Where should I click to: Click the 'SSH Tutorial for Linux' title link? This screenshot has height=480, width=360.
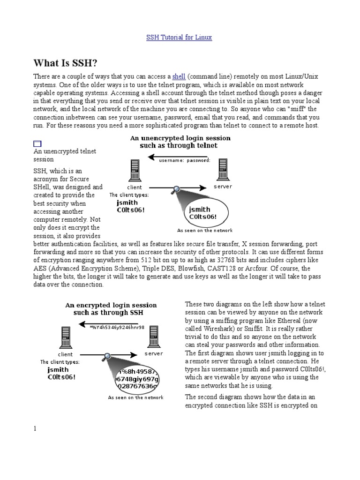pos(180,37)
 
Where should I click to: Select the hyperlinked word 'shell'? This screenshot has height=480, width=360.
pos(179,76)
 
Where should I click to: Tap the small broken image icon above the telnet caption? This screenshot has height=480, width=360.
pos(37,144)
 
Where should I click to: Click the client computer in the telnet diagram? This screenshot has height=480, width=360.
pos(135,171)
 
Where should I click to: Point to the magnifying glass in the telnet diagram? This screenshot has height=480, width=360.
pos(177,189)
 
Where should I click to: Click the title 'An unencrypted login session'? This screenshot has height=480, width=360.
pos(180,138)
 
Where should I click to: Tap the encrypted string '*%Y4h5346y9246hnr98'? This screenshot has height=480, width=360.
pos(117,327)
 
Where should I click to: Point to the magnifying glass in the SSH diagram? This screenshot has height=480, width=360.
pos(108,356)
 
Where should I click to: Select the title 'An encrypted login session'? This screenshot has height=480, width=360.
pos(111,305)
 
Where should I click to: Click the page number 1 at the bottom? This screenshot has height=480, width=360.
pos(35,428)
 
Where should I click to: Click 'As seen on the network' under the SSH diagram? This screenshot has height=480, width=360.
pos(135,397)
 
